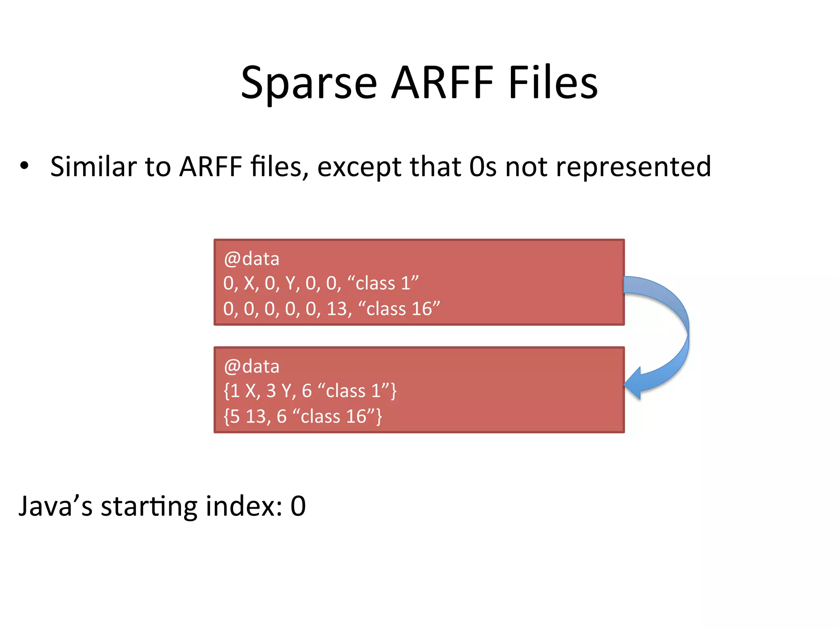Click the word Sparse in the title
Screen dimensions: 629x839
(x=308, y=84)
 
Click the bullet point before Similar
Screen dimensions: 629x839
(x=24, y=166)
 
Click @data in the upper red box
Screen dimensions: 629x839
(x=252, y=259)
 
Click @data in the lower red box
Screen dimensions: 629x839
(x=252, y=366)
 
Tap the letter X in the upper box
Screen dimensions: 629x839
(x=249, y=283)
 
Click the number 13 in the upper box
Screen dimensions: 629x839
(x=337, y=309)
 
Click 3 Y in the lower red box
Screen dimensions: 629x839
(x=277, y=391)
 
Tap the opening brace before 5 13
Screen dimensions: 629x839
(x=226, y=416)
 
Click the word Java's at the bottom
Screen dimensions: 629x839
(x=56, y=506)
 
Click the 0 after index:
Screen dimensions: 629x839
(x=298, y=506)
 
